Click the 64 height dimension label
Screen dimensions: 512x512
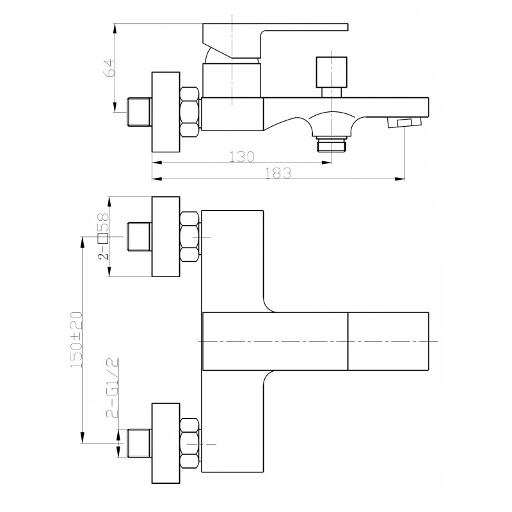109,68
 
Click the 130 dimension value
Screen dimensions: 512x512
241,157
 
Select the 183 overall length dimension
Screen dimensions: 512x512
278,173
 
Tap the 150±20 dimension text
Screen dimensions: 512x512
76,340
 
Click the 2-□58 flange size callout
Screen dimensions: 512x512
104,236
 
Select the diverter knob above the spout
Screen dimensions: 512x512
332,77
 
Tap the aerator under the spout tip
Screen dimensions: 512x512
404,124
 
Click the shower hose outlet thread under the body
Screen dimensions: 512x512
332,144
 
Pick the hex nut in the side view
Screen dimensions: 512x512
189,111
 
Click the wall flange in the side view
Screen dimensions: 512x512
166,112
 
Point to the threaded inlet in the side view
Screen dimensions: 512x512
139,112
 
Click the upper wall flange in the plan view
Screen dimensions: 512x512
166,236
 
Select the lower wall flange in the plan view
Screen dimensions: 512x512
166,443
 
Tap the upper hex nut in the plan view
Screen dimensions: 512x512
189,237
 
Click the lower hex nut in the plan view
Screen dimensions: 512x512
189,444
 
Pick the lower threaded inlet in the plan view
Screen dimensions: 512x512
139,443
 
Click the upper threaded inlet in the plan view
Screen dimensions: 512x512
139,237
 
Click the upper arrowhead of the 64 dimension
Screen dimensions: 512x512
115,28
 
